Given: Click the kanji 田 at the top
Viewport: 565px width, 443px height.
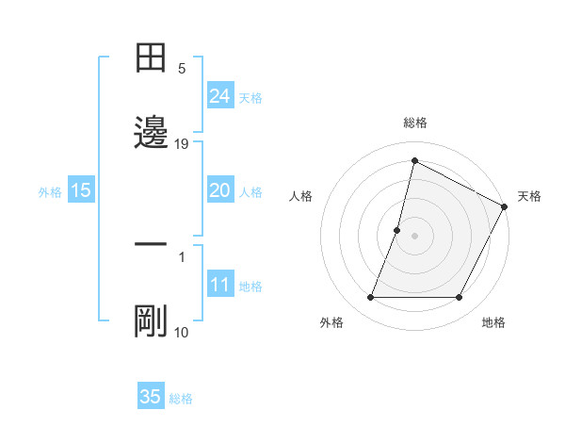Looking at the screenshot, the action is pos(151,58).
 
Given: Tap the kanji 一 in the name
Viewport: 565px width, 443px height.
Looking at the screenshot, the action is pos(151,243).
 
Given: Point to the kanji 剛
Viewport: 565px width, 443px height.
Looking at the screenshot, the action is pos(151,320).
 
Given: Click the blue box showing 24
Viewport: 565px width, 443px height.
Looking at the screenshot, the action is pos(220,95).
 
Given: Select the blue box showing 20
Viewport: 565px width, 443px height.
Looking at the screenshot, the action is pos(220,190).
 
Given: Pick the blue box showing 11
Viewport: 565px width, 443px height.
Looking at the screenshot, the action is pos(220,285).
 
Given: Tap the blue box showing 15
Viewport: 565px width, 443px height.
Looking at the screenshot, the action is pos(81,190).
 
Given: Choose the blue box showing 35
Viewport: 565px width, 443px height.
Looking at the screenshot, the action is pos(151,397).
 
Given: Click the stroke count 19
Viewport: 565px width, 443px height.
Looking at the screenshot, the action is pos(183,144).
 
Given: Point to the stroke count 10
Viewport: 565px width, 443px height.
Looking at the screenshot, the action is pos(182,333).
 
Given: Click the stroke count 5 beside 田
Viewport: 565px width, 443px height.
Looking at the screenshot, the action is pos(183,69).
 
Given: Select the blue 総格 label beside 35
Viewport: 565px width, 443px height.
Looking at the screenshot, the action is pos(181,399).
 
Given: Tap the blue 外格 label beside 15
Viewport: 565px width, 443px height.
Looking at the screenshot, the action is pos(50,192).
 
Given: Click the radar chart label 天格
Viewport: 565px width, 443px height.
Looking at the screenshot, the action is pos(529,196).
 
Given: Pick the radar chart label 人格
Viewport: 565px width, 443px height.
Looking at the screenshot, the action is pos(300,196).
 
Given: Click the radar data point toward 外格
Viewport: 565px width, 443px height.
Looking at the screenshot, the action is pos(370,298).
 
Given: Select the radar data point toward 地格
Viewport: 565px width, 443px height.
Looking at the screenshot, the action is pos(460,298).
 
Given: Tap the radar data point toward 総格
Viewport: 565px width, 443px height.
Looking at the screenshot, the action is pos(414,160).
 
